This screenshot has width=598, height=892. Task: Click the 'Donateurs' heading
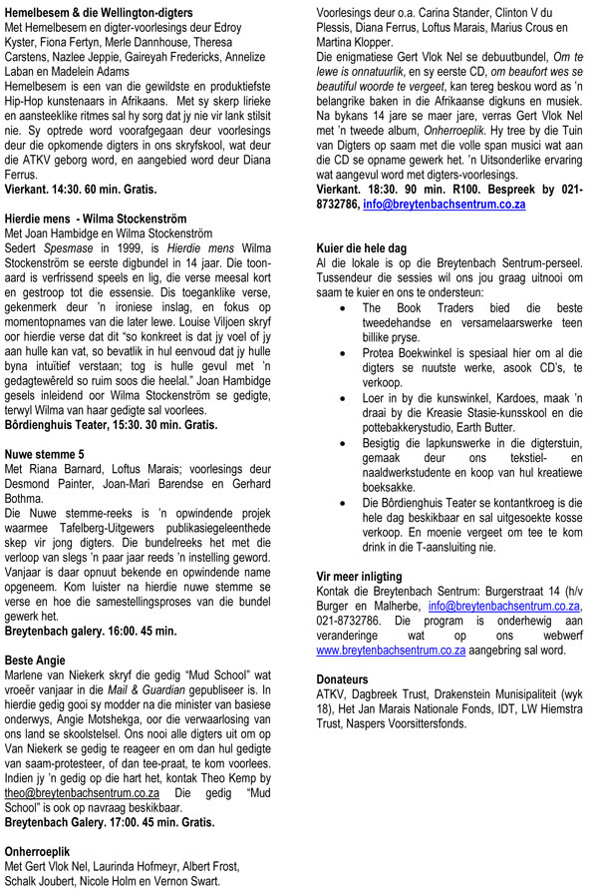347,679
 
